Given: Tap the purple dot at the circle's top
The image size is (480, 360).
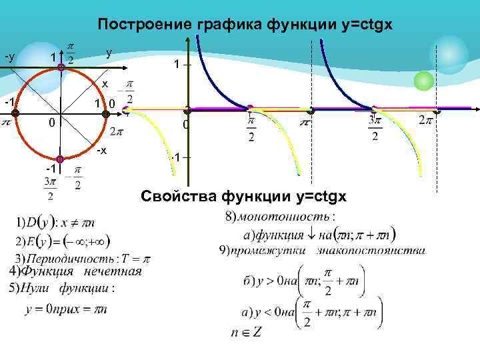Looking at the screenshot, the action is point(61,67).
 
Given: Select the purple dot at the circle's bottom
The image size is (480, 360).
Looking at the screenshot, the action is point(60,159).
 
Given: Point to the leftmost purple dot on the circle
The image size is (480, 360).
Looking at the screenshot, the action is point(15,113).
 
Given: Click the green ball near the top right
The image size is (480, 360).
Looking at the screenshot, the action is point(423,81).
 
